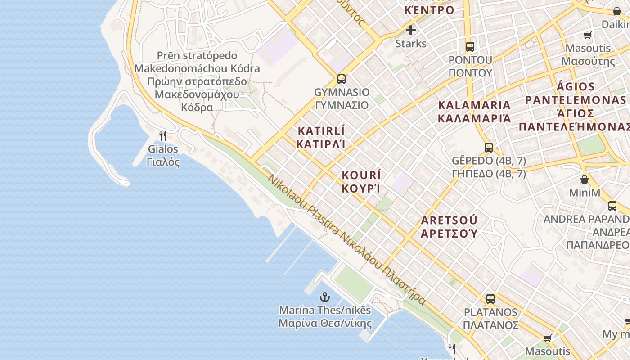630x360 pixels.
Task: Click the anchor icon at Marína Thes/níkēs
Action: (x=324, y=297)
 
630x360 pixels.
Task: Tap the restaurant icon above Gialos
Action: (x=163, y=135)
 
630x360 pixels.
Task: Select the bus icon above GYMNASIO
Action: (x=342, y=79)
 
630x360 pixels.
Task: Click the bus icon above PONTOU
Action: (x=470, y=46)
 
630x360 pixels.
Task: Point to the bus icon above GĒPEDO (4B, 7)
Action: (x=489, y=147)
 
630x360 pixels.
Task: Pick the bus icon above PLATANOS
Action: (x=490, y=298)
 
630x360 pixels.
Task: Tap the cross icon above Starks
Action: (x=411, y=30)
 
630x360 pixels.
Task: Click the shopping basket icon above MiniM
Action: (x=585, y=180)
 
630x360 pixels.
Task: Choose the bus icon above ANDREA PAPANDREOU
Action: (x=612, y=206)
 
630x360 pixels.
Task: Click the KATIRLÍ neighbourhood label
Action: (x=321, y=131)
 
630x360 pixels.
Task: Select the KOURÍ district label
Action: (x=361, y=175)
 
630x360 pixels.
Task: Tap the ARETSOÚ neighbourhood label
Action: (x=449, y=220)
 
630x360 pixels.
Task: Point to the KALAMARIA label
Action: (x=475, y=105)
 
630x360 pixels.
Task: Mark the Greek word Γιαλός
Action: (x=163, y=162)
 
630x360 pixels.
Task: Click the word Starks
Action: (x=411, y=44)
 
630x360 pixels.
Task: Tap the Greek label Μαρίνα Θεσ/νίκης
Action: (x=325, y=323)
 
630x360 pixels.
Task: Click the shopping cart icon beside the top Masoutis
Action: (x=587, y=35)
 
